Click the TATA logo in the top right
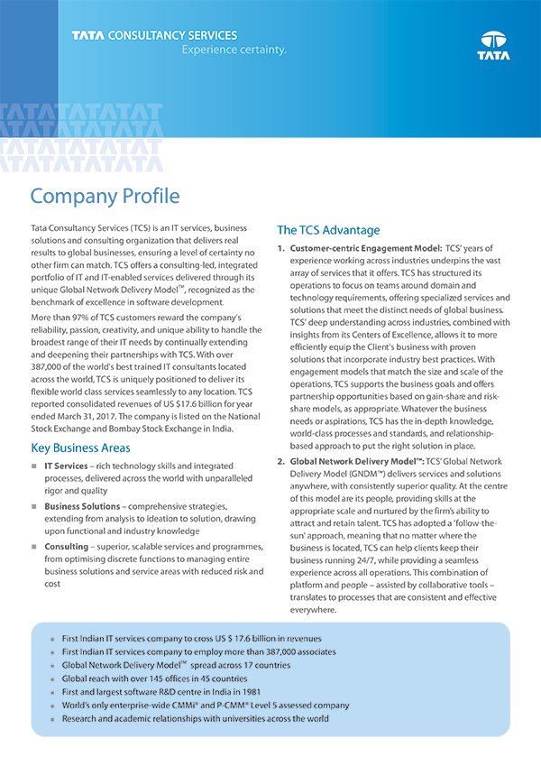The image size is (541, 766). point(494,45)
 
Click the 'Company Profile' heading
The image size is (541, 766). point(105,196)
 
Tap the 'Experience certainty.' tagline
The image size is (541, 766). point(234,51)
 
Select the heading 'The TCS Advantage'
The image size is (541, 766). point(328,229)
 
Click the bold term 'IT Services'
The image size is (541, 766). point(65,466)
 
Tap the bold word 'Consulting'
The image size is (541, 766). point(66,547)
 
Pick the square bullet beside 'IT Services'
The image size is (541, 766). point(34,466)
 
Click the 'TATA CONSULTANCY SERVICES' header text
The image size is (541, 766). point(154,36)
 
